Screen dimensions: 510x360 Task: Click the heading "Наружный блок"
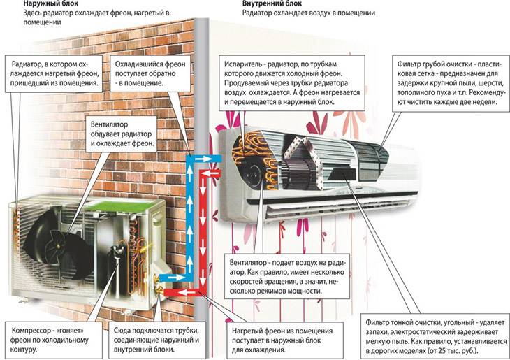pyautogui.click(x=51, y=3)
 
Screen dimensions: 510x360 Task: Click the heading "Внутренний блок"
pyautogui.click(x=272, y=3)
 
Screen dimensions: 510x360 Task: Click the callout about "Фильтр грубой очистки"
pyautogui.click(x=451, y=83)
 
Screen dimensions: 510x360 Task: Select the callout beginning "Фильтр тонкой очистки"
pyautogui.click(x=435, y=336)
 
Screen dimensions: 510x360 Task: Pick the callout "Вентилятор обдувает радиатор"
pyautogui.click(x=121, y=134)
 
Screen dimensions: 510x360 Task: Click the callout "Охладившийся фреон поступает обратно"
pyautogui.click(x=150, y=73)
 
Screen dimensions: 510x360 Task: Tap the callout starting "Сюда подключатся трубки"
pyautogui.click(x=157, y=340)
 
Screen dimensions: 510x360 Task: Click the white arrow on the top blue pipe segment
pyautogui.click(x=205, y=159)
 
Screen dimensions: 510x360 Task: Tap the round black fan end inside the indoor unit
pyautogui.click(x=253, y=174)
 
